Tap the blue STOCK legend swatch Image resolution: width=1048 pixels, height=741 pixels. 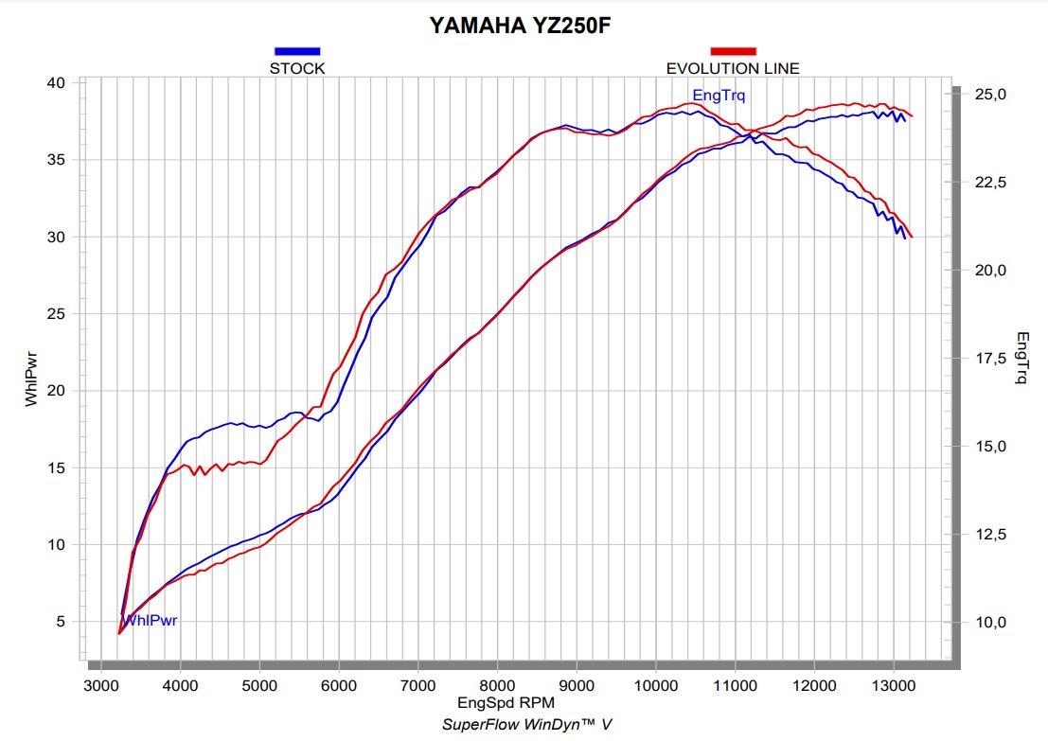[297, 51]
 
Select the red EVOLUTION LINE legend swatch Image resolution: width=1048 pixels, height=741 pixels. [733, 51]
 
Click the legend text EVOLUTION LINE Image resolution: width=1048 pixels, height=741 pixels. [733, 68]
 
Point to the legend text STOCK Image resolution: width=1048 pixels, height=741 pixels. [297, 68]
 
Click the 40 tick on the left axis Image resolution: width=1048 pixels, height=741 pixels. [56, 83]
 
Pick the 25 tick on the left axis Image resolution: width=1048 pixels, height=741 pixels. [56, 314]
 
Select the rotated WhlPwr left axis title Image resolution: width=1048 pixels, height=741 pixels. [31, 378]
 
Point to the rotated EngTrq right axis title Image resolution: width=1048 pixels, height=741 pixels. [1022, 358]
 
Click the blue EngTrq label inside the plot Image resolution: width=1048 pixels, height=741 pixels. [719, 96]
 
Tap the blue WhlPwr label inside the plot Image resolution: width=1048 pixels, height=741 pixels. [151, 621]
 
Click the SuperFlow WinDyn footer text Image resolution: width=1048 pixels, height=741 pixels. [527, 724]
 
